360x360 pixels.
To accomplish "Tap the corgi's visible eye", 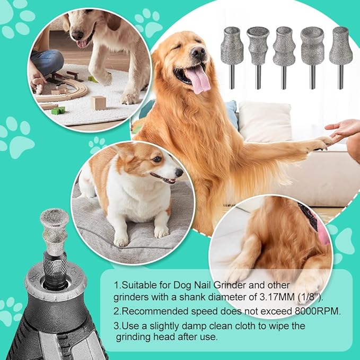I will (x=157, y=159).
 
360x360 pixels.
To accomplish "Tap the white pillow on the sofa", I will (x=265, y=122).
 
